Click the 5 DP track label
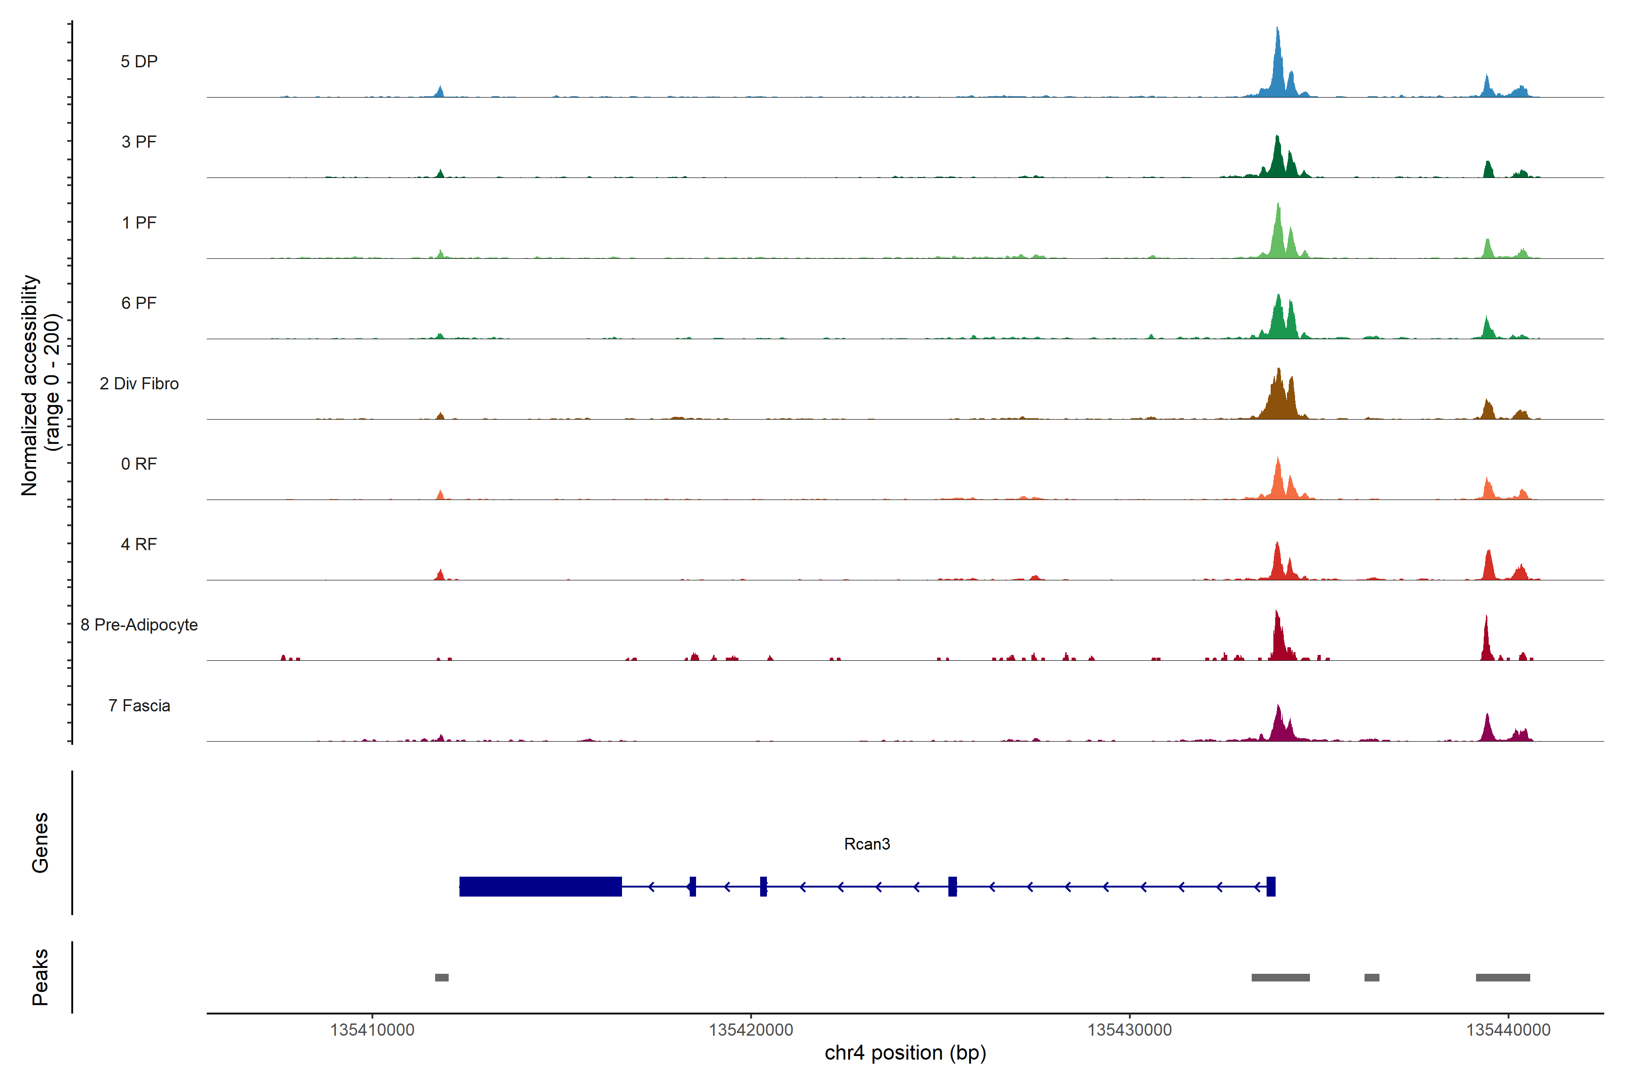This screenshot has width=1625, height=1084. click(139, 61)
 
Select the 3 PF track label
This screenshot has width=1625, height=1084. click(139, 142)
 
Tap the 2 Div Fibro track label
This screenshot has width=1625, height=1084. click(139, 383)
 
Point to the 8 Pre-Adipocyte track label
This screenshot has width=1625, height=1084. click(139, 625)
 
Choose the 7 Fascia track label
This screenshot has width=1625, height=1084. click(139, 706)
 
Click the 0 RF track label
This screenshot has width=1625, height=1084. click(139, 464)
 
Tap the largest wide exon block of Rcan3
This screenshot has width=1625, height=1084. click(540, 886)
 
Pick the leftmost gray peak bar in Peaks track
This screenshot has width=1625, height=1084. click(441, 977)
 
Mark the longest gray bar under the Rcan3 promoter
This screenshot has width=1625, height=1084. click(1280, 977)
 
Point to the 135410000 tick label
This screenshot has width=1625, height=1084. click(372, 1030)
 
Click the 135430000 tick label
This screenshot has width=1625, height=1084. click(1130, 1030)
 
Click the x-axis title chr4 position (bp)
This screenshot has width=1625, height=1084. click(905, 1053)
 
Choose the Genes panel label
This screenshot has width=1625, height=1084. click(40, 843)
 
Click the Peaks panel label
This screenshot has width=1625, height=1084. click(40, 977)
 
